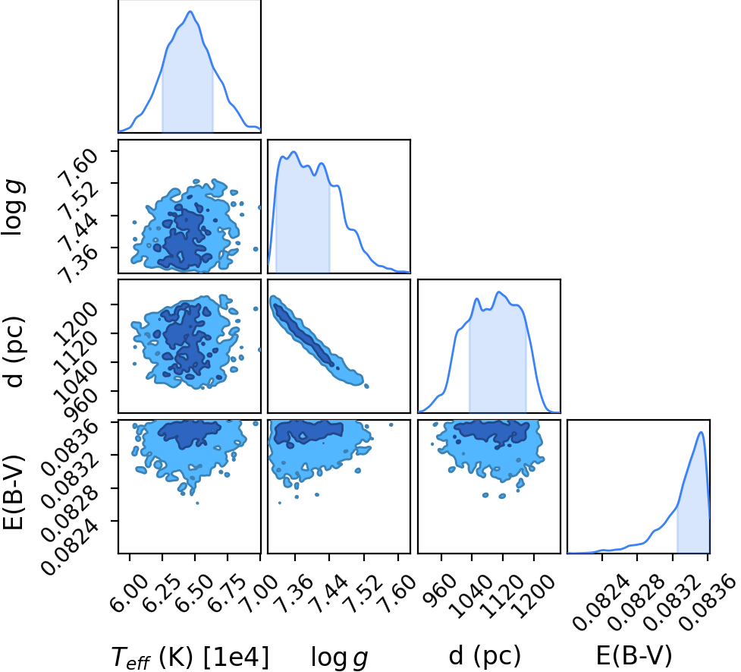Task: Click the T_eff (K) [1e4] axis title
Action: (190, 657)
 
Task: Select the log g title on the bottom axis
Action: (339, 658)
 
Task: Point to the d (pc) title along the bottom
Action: (485, 656)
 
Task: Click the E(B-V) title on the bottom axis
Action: (634, 656)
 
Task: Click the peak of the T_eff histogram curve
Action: (190, 11)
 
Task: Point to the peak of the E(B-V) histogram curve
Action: (702, 431)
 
